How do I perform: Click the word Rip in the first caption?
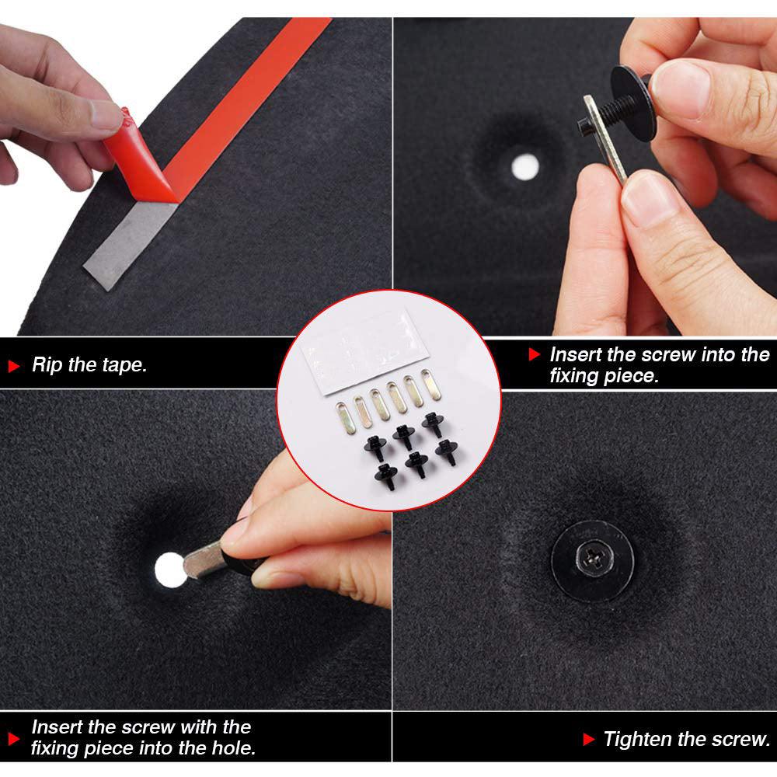coord(47,364)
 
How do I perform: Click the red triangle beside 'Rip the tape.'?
coord(14,366)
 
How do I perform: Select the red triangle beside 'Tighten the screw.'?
coord(589,740)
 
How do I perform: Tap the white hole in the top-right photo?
coord(524,167)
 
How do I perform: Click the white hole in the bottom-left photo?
coord(169,570)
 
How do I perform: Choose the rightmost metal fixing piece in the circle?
coord(430,385)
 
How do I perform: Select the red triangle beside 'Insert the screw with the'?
coord(14,739)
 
